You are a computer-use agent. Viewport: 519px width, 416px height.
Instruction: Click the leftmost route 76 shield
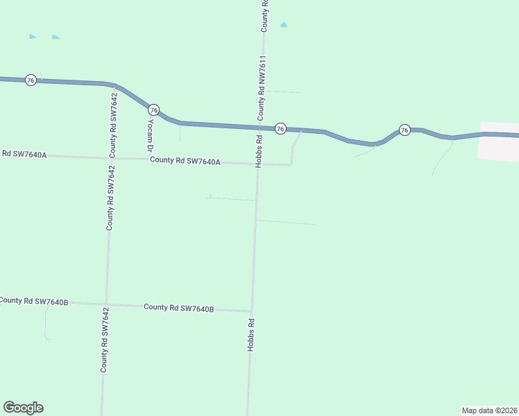31,80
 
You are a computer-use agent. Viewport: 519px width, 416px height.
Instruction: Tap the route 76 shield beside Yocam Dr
154,110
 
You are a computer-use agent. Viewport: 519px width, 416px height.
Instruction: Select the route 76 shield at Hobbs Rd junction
280,129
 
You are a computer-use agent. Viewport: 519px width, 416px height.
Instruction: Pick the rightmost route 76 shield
405,130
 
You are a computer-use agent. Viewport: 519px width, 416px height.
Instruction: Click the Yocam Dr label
149,135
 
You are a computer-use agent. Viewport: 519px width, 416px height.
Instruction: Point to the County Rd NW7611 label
262,89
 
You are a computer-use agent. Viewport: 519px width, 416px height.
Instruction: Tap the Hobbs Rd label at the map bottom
251,335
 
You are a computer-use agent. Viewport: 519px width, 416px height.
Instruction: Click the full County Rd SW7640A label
185,162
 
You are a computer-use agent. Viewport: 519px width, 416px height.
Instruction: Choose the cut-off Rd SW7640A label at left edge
24,154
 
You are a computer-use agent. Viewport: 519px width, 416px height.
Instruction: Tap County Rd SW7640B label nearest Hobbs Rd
178,307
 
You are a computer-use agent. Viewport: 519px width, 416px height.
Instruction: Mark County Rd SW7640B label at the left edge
33,301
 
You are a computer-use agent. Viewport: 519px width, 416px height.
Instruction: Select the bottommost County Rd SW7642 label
104,345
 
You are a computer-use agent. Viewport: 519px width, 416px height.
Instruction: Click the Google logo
23,408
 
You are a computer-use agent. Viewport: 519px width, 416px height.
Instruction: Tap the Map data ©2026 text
489,410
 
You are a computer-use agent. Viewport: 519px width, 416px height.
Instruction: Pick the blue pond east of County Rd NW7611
283,25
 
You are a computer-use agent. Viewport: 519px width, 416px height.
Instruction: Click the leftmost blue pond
32,36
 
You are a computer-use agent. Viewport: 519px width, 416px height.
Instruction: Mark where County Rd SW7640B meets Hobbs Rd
250,311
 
